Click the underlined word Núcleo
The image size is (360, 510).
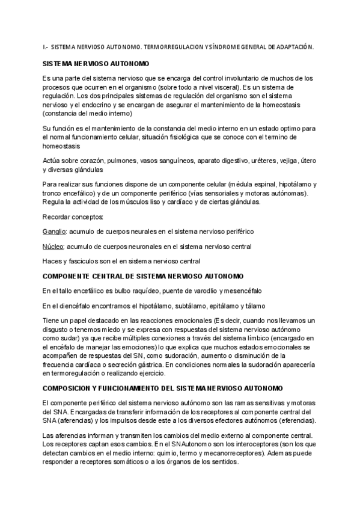coord(53,246)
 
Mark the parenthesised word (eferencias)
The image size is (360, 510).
coord(294,420)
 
